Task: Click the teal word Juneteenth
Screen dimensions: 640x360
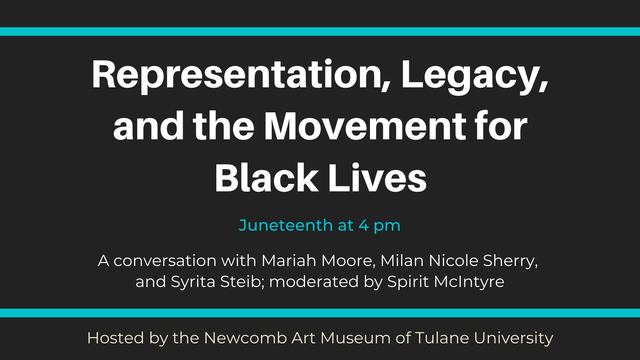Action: tap(286, 225)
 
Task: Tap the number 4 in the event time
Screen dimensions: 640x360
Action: tap(363, 226)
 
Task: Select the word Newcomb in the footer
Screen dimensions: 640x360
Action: tap(245, 338)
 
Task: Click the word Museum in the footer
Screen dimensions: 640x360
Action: tap(356, 338)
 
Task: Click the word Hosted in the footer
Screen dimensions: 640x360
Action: tap(116, 338)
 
